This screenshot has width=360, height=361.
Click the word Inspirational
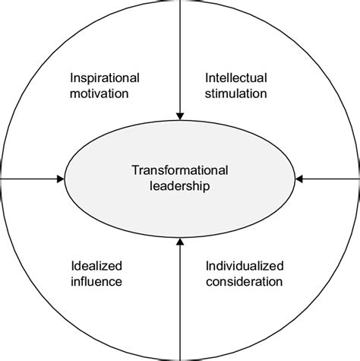105,78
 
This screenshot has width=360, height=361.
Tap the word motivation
99,93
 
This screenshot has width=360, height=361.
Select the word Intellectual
236,78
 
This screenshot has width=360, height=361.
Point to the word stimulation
235,93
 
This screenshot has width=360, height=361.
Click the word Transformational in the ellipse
180,170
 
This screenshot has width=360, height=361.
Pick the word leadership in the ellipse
180,186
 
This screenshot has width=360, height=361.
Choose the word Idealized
96,266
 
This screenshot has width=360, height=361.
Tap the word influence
96,281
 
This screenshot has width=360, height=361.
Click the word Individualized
245,266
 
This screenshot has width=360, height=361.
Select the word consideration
245,282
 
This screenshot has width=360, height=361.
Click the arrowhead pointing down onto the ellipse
180,116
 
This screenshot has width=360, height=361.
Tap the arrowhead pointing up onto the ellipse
180,242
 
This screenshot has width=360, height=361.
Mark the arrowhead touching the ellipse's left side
61,179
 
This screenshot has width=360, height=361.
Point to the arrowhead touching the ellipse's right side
299,179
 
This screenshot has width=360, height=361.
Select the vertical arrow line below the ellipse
180,299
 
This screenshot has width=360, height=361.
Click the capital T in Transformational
136,170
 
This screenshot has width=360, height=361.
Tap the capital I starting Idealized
73,266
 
